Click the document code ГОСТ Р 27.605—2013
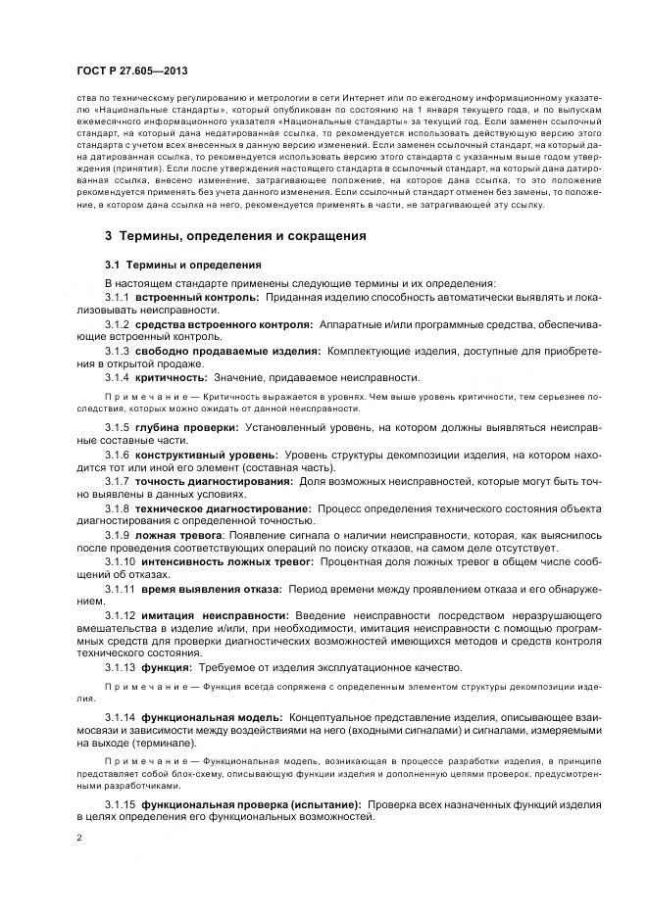132,72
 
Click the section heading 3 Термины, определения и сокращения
235,236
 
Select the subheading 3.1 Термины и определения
183,265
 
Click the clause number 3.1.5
118,428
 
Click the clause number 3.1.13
121,667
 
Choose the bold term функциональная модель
212,718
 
